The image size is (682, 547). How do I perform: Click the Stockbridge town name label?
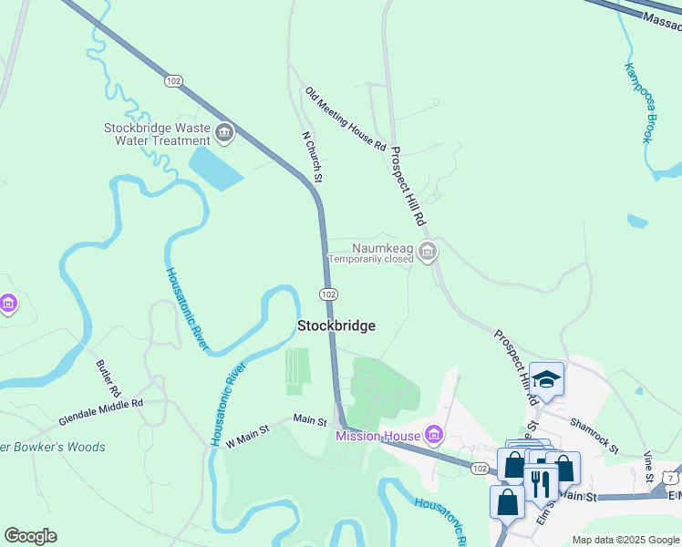tap(336, 325)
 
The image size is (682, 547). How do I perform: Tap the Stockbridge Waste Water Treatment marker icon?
tap(224, 136)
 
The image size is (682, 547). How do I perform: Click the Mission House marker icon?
tap(435, 436)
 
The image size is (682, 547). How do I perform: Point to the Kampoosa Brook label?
tap(639, 102)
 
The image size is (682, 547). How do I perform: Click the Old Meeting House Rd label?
tap(346, 119)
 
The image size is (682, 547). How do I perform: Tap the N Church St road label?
tap(313, 155)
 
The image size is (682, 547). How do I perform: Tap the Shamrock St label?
tap(594, 436)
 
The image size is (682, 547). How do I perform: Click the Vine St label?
tap(648, 465)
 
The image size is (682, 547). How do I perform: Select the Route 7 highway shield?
tap(670, 477)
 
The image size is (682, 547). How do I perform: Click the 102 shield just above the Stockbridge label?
tap(329, 294)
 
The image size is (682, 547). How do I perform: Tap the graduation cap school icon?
tap(546, 379)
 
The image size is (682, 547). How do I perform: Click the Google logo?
tap(30, 536)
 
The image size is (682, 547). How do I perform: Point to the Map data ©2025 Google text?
tap(625, 540)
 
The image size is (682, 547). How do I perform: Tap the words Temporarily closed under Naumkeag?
tap(371, 259)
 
